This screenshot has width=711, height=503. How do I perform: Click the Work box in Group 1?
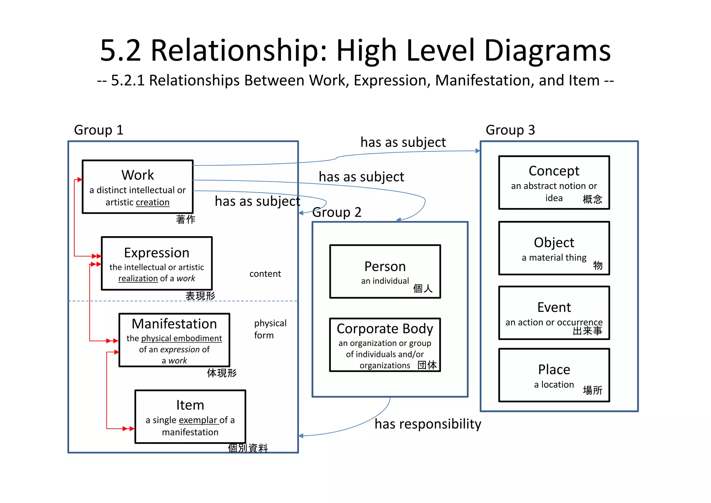tap(137, 187)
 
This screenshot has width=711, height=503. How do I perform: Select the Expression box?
tap(157, 263)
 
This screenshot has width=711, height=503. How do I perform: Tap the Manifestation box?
tap(174, 340)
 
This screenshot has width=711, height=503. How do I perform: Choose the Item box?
tap(190, 417)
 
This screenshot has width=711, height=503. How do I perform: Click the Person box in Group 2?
tap(385, 271)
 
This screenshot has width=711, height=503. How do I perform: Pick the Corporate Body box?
tap(385, 345)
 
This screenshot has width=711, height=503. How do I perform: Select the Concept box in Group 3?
tap(554, 182)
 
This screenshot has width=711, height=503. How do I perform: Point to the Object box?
tap(554, 248)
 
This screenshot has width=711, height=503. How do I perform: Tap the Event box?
tap(554, 313)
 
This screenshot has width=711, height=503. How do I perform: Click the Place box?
tap(554, 375)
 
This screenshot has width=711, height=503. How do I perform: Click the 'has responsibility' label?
tap(428, 424)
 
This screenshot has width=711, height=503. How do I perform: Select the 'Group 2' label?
tap(337, 212)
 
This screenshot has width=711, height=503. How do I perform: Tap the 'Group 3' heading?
tap(510, 130)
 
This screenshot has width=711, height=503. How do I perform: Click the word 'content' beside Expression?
tap(265, 274)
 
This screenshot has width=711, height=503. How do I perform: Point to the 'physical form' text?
tap(270, 329)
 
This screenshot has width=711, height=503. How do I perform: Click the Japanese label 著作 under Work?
tap(185, 219)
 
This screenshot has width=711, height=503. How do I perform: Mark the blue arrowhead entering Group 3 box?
tap(478, 151)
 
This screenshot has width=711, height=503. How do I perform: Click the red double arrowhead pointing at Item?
tap(129, 429)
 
